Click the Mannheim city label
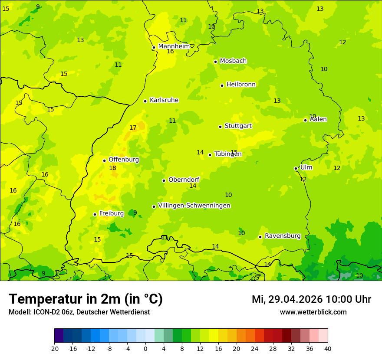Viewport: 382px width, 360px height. point(174,46)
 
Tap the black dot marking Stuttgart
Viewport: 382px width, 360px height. point(221,127)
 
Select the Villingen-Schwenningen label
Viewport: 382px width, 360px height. point(194,206)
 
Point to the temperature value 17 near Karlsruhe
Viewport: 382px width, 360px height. point(133,128)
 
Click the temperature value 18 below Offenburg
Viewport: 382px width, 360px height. point(112,168)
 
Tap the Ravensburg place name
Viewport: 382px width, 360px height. point(283,236)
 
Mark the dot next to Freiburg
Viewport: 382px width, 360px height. point(95,214)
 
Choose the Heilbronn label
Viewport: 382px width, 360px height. point(241,85)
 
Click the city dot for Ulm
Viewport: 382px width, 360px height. point(296,168)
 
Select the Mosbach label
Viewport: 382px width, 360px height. point(233,61)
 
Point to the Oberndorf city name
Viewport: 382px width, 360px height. point(184,180)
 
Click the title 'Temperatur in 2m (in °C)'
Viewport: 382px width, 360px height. point(86,299)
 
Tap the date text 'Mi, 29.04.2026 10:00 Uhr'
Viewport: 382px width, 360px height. point(311,299)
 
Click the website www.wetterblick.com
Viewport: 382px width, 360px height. point(313,312)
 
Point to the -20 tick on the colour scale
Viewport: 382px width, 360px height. point(54,348)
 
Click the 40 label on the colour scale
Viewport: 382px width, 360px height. point(327,348)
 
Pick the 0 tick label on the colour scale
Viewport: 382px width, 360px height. point(145,348)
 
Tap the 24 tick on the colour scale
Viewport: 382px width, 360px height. point(254,348)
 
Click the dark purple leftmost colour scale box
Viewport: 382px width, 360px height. point(59,336)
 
